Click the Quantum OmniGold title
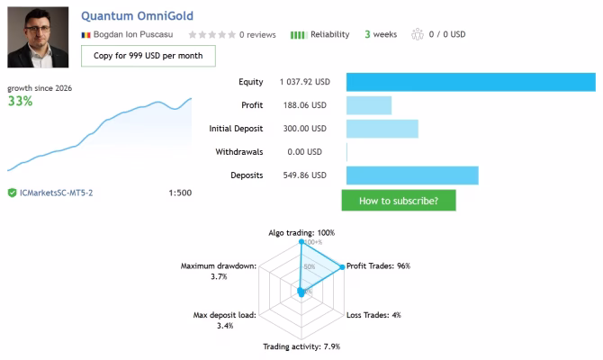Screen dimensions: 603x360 [138, 16]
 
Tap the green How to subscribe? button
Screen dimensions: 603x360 [399, 201]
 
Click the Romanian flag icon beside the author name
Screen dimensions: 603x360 [85, 35]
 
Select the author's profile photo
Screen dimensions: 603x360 [38, 37]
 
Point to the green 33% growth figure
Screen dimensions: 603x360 [21, 101]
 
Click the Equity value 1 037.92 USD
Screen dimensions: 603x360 [304, 82]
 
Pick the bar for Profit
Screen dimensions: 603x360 [369, 105]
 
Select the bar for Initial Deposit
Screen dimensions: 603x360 [382, 129]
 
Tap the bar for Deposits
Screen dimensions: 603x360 [412, 175]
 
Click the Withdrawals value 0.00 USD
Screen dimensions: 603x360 [304, 152]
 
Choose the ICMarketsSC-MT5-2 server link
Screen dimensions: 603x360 [56, 193]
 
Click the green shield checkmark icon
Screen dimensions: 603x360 [13, 193]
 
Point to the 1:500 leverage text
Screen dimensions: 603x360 [180, 193]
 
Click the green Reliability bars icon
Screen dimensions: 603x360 [299, 35]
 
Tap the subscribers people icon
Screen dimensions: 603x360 [418, 34]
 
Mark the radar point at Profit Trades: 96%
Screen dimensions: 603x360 [342, 267]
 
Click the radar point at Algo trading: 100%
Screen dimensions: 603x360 [301, 241]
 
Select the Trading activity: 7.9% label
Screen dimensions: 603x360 [301, 346]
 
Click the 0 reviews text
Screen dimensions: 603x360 [257, 34]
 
